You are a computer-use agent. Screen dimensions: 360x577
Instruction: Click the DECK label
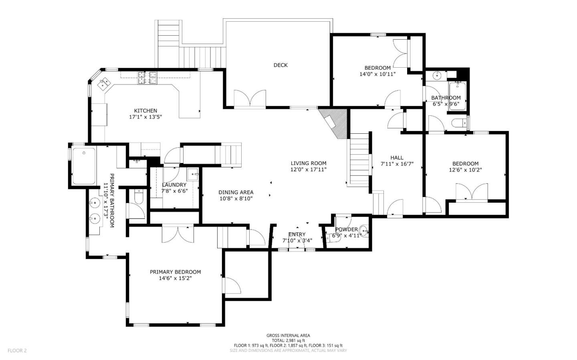click(x=280, y=65)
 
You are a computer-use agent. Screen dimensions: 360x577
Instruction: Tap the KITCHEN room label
click(x=145, y=111)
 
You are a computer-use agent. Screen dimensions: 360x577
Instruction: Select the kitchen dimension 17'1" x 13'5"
click(x=145, y=117)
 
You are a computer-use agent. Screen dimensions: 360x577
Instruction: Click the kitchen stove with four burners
click(x=147, y=78)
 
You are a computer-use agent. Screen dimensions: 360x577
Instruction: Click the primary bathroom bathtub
click(x=84, y=166)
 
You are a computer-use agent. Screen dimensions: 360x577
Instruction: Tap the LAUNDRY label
click(x=174, y=185)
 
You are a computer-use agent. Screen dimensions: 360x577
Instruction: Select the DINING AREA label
click(x=236, y=192)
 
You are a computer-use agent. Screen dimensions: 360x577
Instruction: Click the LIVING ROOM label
click(x=308, y=163)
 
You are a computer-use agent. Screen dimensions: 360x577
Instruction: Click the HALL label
click(x=397, y=158)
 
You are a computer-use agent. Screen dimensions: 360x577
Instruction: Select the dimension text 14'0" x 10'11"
click(x=377, y=74)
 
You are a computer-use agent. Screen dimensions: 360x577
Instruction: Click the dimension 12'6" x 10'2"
click(x=465, y=170)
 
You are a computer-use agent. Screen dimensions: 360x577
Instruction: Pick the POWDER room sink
click(x=363, y=231)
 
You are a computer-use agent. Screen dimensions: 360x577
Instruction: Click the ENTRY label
click(x=297, y=234)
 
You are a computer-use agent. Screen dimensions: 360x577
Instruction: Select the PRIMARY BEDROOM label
click(x=175, y=272)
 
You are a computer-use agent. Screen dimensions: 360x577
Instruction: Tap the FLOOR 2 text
click(x=17, y=350)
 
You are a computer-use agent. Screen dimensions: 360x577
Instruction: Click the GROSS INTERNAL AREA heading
click(x=288, y=336)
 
